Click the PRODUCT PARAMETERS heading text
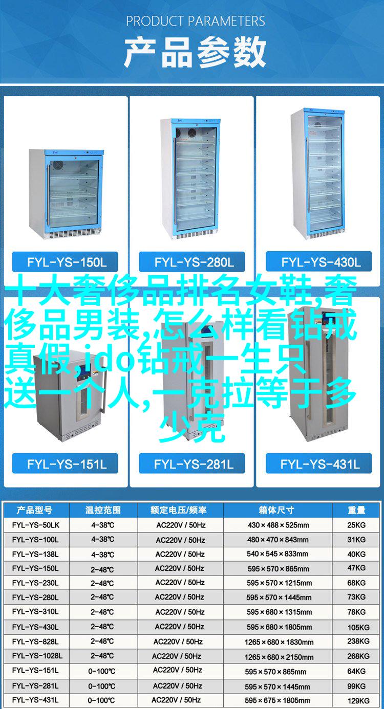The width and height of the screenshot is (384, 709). coord(196,21)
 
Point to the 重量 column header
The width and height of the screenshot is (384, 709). coord(356,510)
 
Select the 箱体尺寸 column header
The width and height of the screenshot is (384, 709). coord(276,510)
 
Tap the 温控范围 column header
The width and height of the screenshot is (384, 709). coord(103,510)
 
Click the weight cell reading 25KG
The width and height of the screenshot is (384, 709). coord(356,525)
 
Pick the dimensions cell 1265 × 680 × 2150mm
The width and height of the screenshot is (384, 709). coord(279,657)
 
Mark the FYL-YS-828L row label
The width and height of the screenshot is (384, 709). coord(35,641)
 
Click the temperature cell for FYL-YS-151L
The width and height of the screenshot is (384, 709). coord(102,671)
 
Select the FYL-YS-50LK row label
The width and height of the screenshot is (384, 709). coord(36,525)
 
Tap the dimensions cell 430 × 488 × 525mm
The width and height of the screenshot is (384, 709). coord(278,525)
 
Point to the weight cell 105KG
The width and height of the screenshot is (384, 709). coord(358,627)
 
